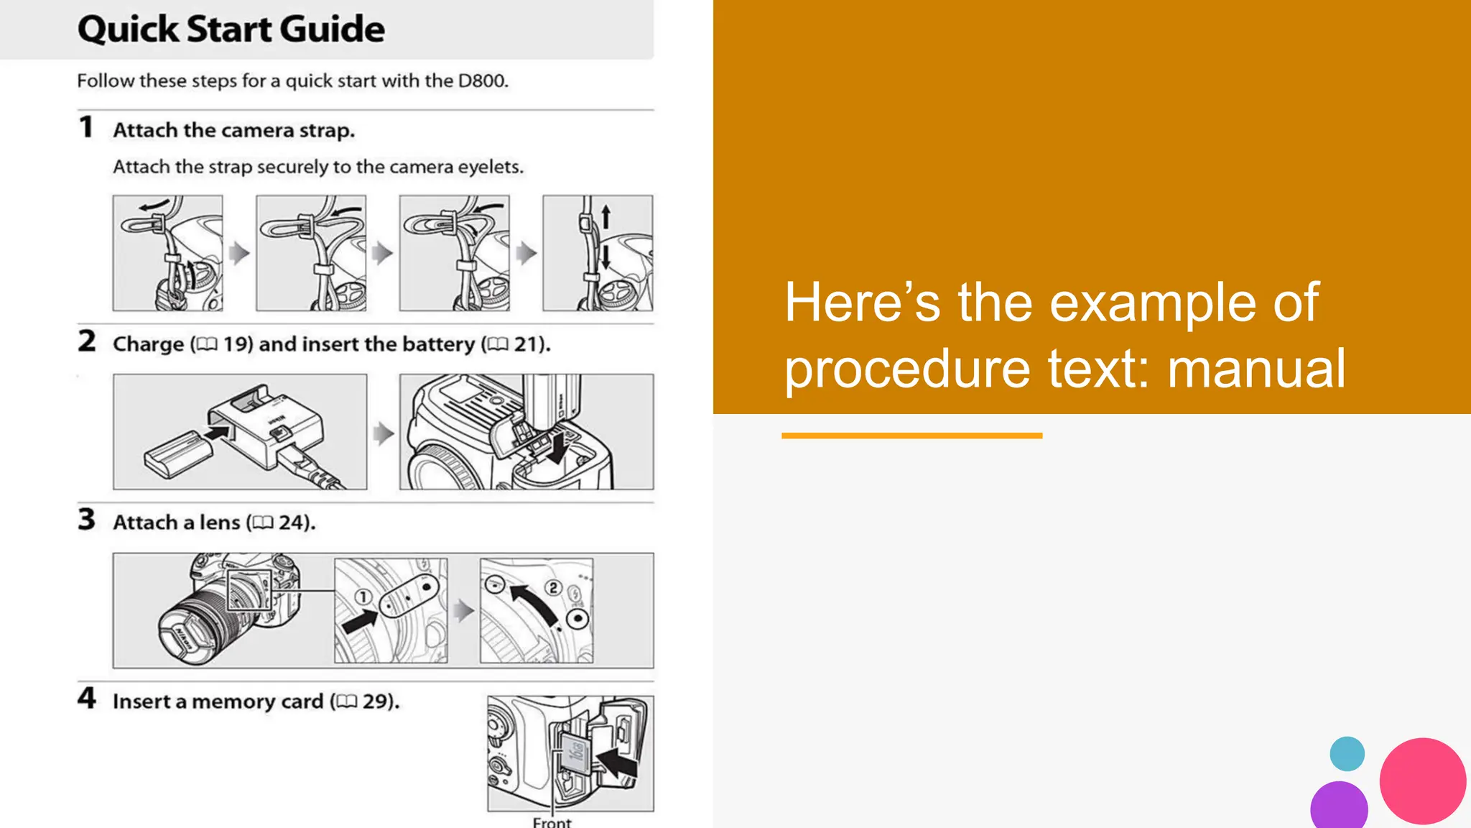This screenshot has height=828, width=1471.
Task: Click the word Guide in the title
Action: point(332,29)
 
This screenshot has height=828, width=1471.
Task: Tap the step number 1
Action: point(86,127)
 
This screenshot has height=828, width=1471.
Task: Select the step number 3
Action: point(86,519)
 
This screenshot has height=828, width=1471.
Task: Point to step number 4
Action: point(86,698)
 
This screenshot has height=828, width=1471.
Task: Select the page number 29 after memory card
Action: point(376,701)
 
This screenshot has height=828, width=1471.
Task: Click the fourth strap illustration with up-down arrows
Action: point(597,252)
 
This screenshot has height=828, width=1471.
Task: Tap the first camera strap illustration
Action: point(167,252)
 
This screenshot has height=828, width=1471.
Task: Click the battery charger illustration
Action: point(240,431)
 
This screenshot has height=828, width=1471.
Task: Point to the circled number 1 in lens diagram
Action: point(363,597)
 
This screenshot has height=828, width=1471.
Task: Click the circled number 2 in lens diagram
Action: point(553,588)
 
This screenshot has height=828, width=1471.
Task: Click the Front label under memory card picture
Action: point(552,822)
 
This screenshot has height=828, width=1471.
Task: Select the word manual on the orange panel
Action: point(1256,369)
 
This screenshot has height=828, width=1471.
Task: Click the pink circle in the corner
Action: point(1422,781)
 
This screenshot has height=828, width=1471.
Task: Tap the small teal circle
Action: point(1347,754)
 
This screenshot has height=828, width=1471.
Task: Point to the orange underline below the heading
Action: point(911,436)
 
